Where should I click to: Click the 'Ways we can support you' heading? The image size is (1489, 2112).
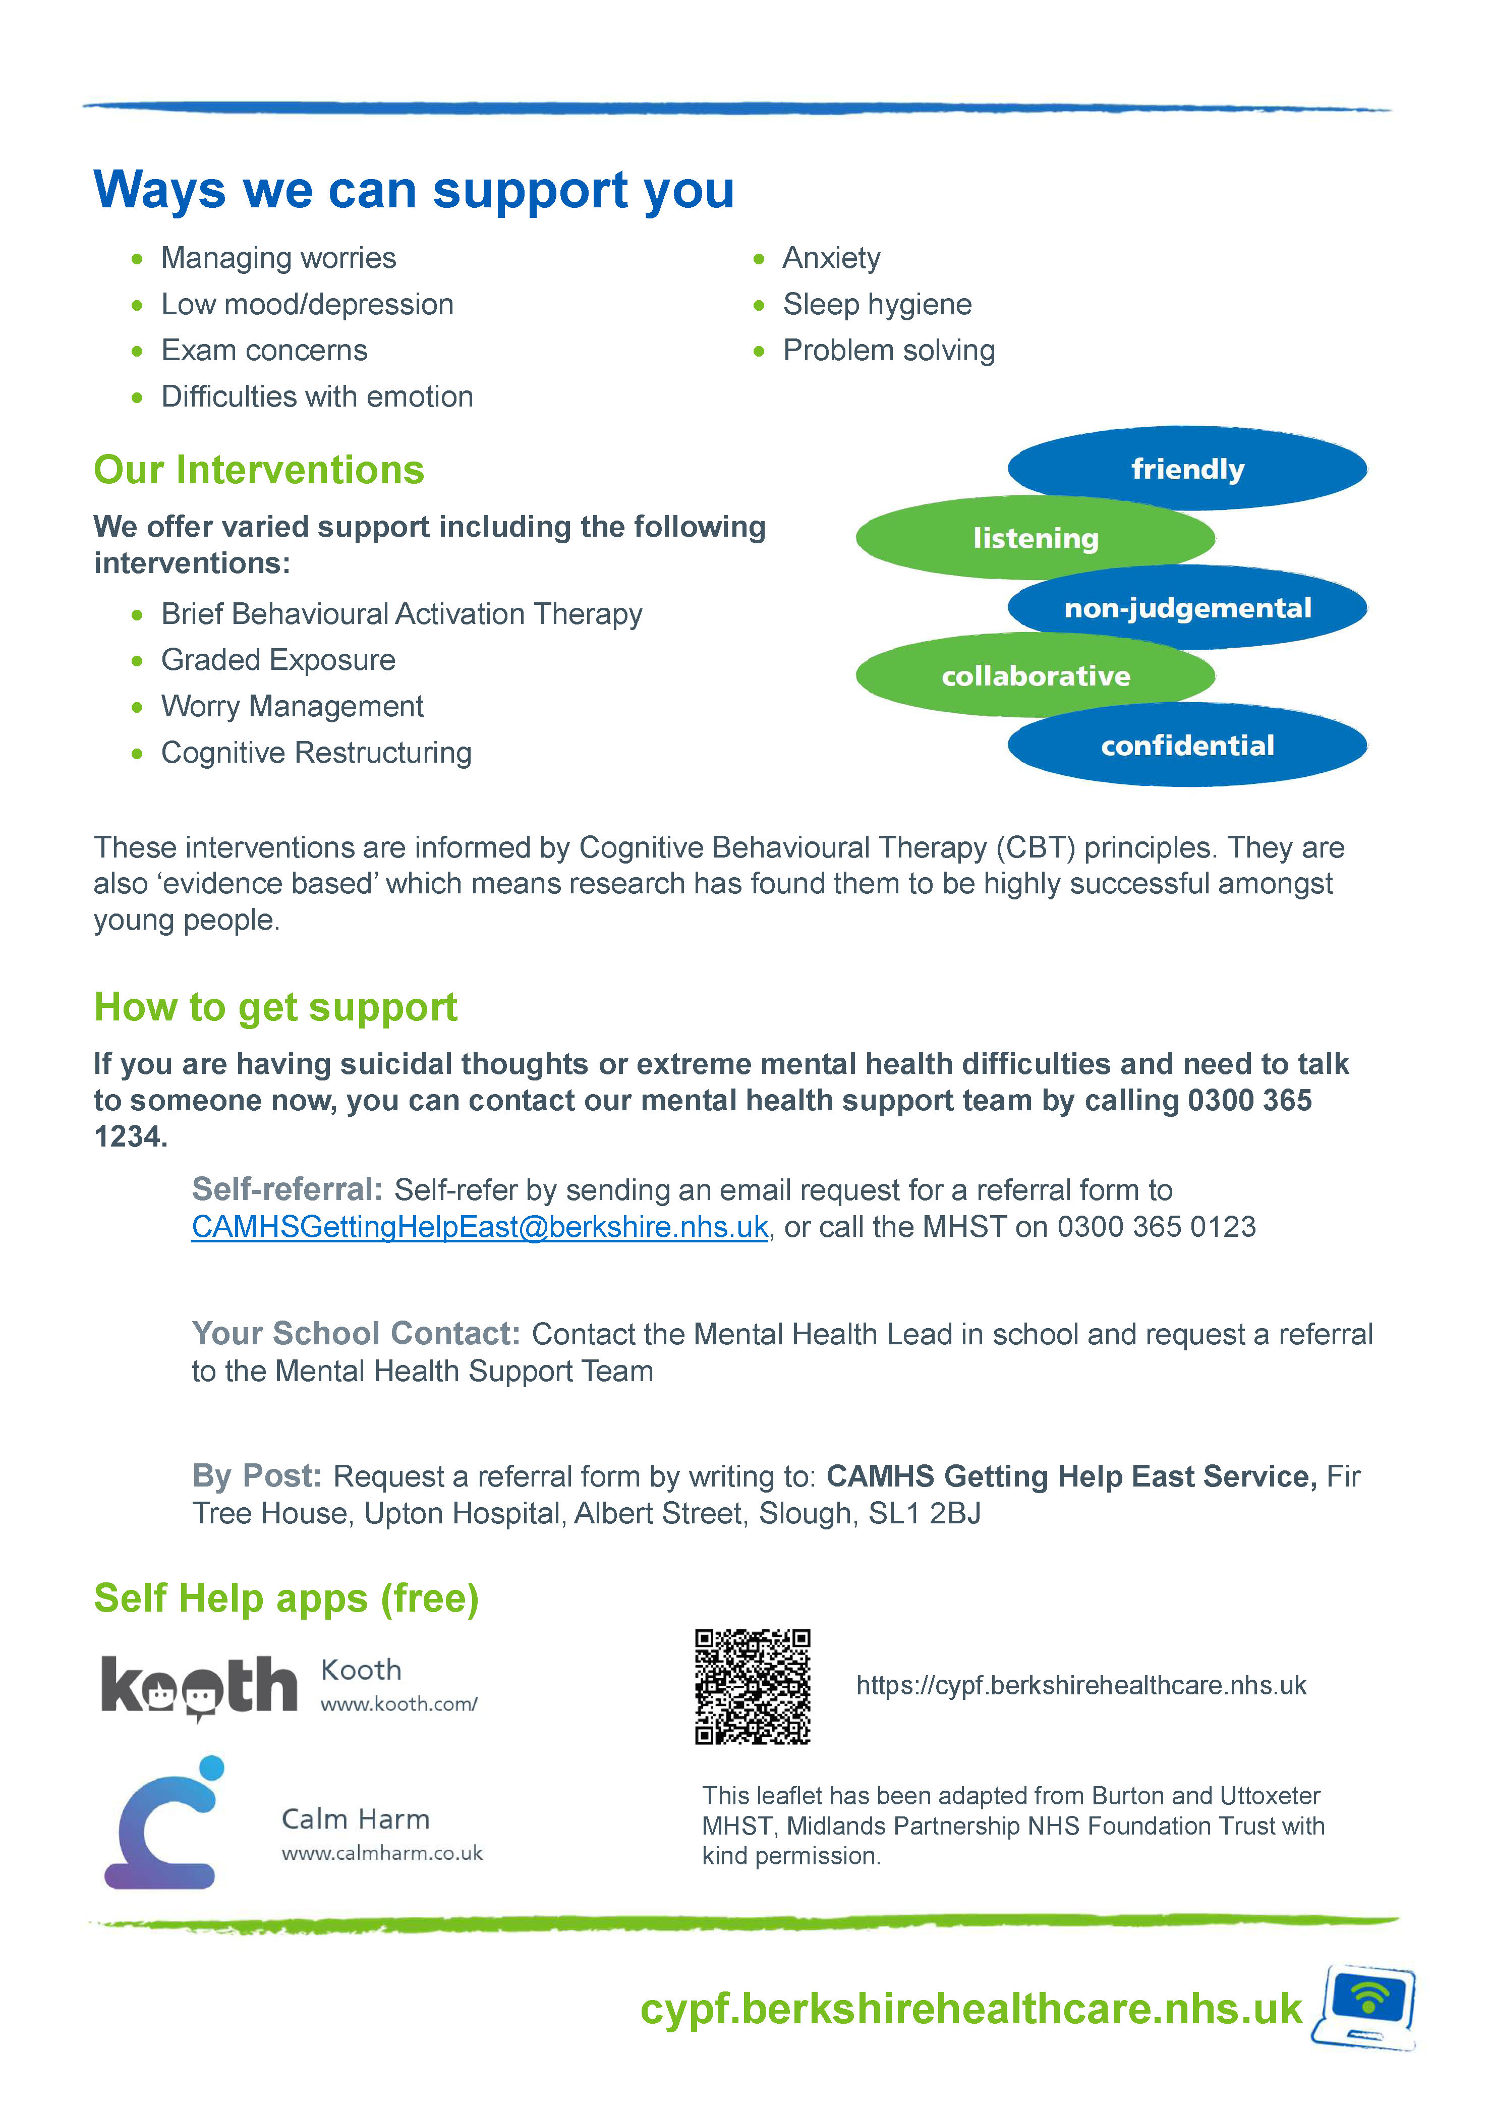tap(414, 190)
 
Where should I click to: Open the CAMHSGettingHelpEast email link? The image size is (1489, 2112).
tap(479, 1227)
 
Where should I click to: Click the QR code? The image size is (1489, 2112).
tap(752, 1686)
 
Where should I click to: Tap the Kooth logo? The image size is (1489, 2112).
tap(199, 1687)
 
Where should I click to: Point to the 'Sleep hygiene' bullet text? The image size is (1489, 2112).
tap(877, 305)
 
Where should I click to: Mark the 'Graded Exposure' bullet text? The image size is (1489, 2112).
tap(278, 660)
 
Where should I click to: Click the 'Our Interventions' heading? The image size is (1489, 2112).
tap(258, 470)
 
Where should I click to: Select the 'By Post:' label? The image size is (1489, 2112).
tap(257, 1475)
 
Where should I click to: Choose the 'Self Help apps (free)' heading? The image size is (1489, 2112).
tap(286, 1599)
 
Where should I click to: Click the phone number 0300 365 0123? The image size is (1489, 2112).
tap(1156, 1227)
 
